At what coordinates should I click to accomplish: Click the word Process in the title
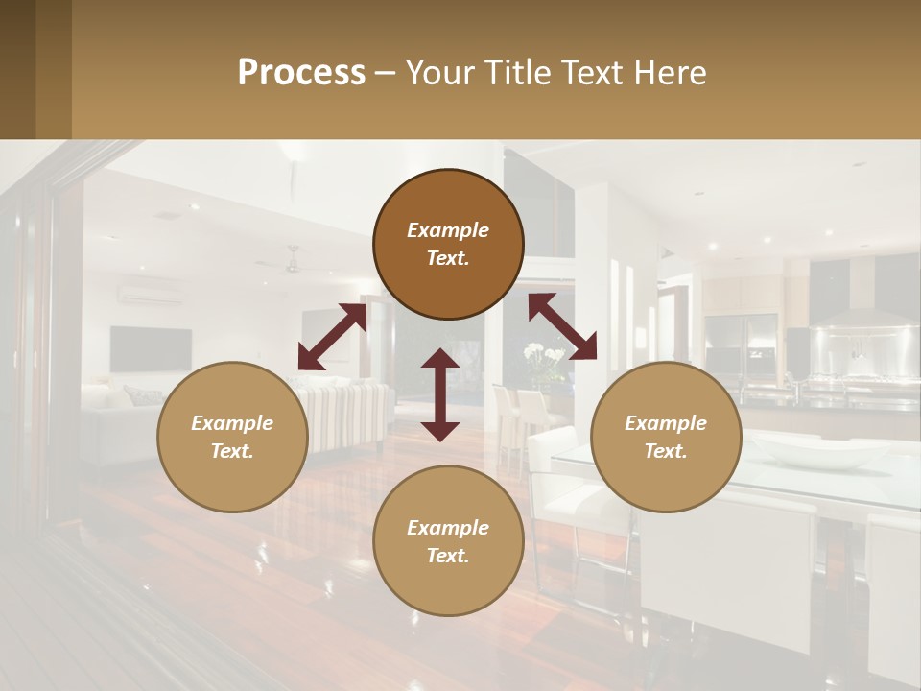point(301,73)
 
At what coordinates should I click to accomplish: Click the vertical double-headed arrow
point(440,394)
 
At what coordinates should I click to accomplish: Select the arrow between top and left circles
point(332,337)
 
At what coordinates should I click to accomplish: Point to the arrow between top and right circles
point(562,326)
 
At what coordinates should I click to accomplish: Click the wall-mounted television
point(150,348)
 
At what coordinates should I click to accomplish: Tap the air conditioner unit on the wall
point(149,294)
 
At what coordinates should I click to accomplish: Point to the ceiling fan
point(292,261)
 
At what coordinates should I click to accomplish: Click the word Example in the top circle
point(448,230)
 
